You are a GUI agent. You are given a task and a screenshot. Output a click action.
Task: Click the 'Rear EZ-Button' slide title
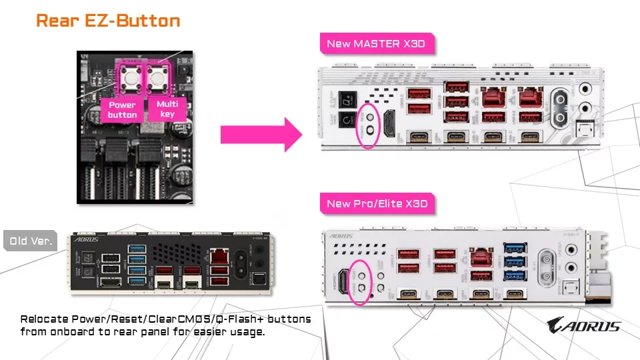point(108,21)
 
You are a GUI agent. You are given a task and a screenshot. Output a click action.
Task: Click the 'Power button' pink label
point(122,109)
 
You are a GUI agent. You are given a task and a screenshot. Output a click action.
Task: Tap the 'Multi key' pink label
point(167,109)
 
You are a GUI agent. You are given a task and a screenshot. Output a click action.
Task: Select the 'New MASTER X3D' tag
point(375,45)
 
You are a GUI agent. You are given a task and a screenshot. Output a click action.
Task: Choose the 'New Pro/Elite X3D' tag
point(377,203)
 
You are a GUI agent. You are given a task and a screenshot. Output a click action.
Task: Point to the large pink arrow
point(261,134)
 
